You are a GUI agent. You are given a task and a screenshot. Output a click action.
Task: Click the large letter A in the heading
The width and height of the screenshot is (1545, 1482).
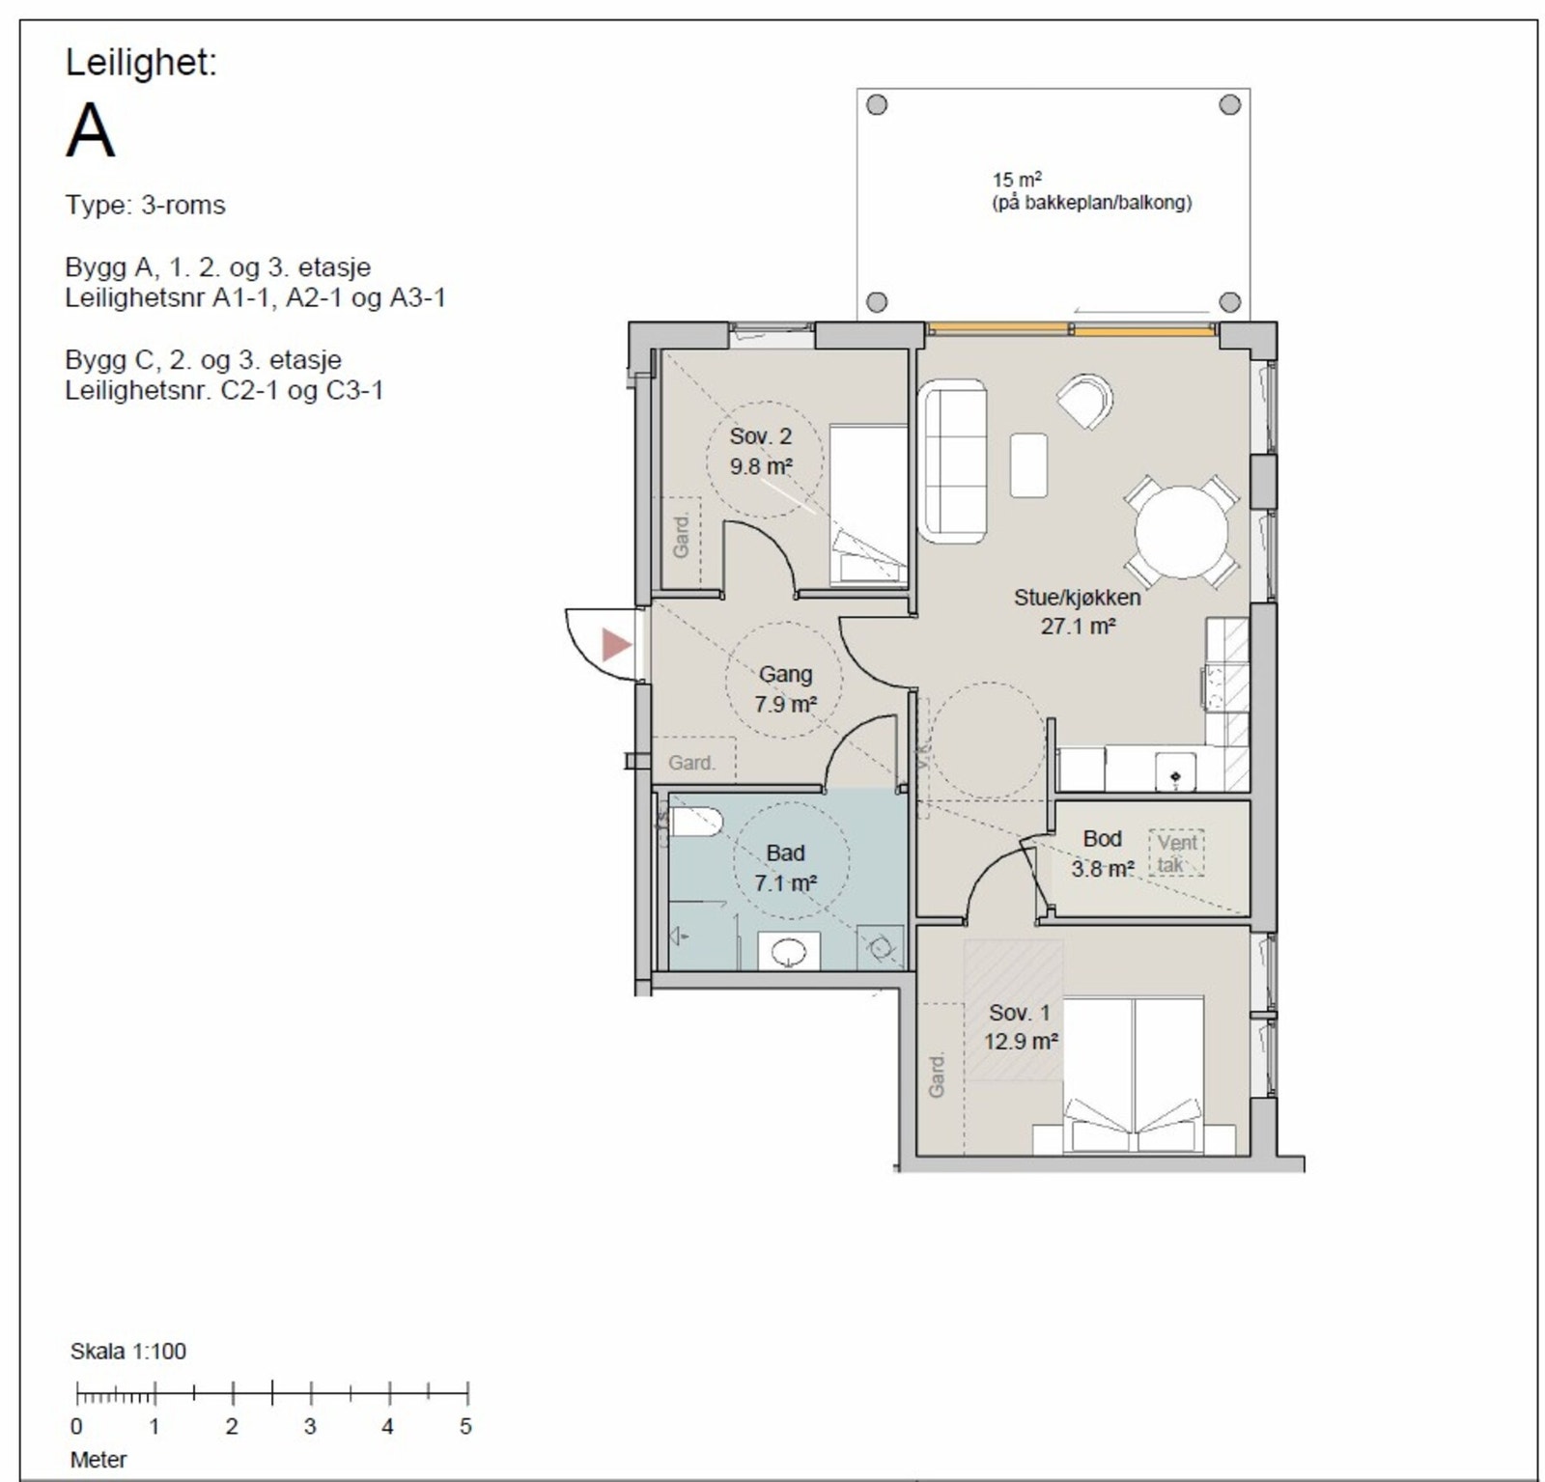(90, 130)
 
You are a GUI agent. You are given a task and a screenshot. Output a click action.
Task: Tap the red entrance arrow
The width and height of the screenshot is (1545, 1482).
(615, 644)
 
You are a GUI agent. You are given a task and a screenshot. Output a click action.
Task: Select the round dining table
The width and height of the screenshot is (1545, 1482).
(1181, 532)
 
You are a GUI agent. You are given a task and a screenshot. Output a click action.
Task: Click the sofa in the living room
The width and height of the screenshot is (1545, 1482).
(954, 460)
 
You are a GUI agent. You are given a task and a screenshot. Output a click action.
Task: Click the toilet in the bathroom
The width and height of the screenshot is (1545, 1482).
(694, 823)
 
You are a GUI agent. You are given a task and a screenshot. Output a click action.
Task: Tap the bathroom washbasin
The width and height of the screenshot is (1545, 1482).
(789, 952)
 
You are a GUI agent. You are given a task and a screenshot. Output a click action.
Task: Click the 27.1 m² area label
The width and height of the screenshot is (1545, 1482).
(1078, 626)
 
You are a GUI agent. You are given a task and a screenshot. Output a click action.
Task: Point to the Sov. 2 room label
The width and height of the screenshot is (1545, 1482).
(761, 436)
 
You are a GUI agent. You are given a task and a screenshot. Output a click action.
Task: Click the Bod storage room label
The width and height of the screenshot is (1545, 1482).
(1102, 838)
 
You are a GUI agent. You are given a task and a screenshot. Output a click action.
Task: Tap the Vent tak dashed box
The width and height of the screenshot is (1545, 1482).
(1177, 853)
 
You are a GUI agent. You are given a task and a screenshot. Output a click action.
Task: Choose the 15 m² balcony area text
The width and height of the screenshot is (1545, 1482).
(1017, 180)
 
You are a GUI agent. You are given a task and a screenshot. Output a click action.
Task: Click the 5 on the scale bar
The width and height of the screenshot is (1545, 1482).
(465, 1426)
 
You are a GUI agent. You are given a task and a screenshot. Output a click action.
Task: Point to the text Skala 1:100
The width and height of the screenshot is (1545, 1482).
(128, 1351)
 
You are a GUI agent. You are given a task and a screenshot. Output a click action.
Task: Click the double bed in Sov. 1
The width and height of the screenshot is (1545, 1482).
(1135, 1076)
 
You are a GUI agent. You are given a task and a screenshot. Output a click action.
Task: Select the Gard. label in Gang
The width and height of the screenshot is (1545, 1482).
(692, 763)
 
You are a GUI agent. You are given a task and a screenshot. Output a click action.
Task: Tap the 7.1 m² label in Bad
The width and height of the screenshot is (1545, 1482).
(786, 882)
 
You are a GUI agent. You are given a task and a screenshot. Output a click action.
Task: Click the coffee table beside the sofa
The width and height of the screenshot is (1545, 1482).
(1029, 465)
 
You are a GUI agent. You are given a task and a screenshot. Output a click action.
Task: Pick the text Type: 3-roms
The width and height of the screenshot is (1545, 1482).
(146, 206)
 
